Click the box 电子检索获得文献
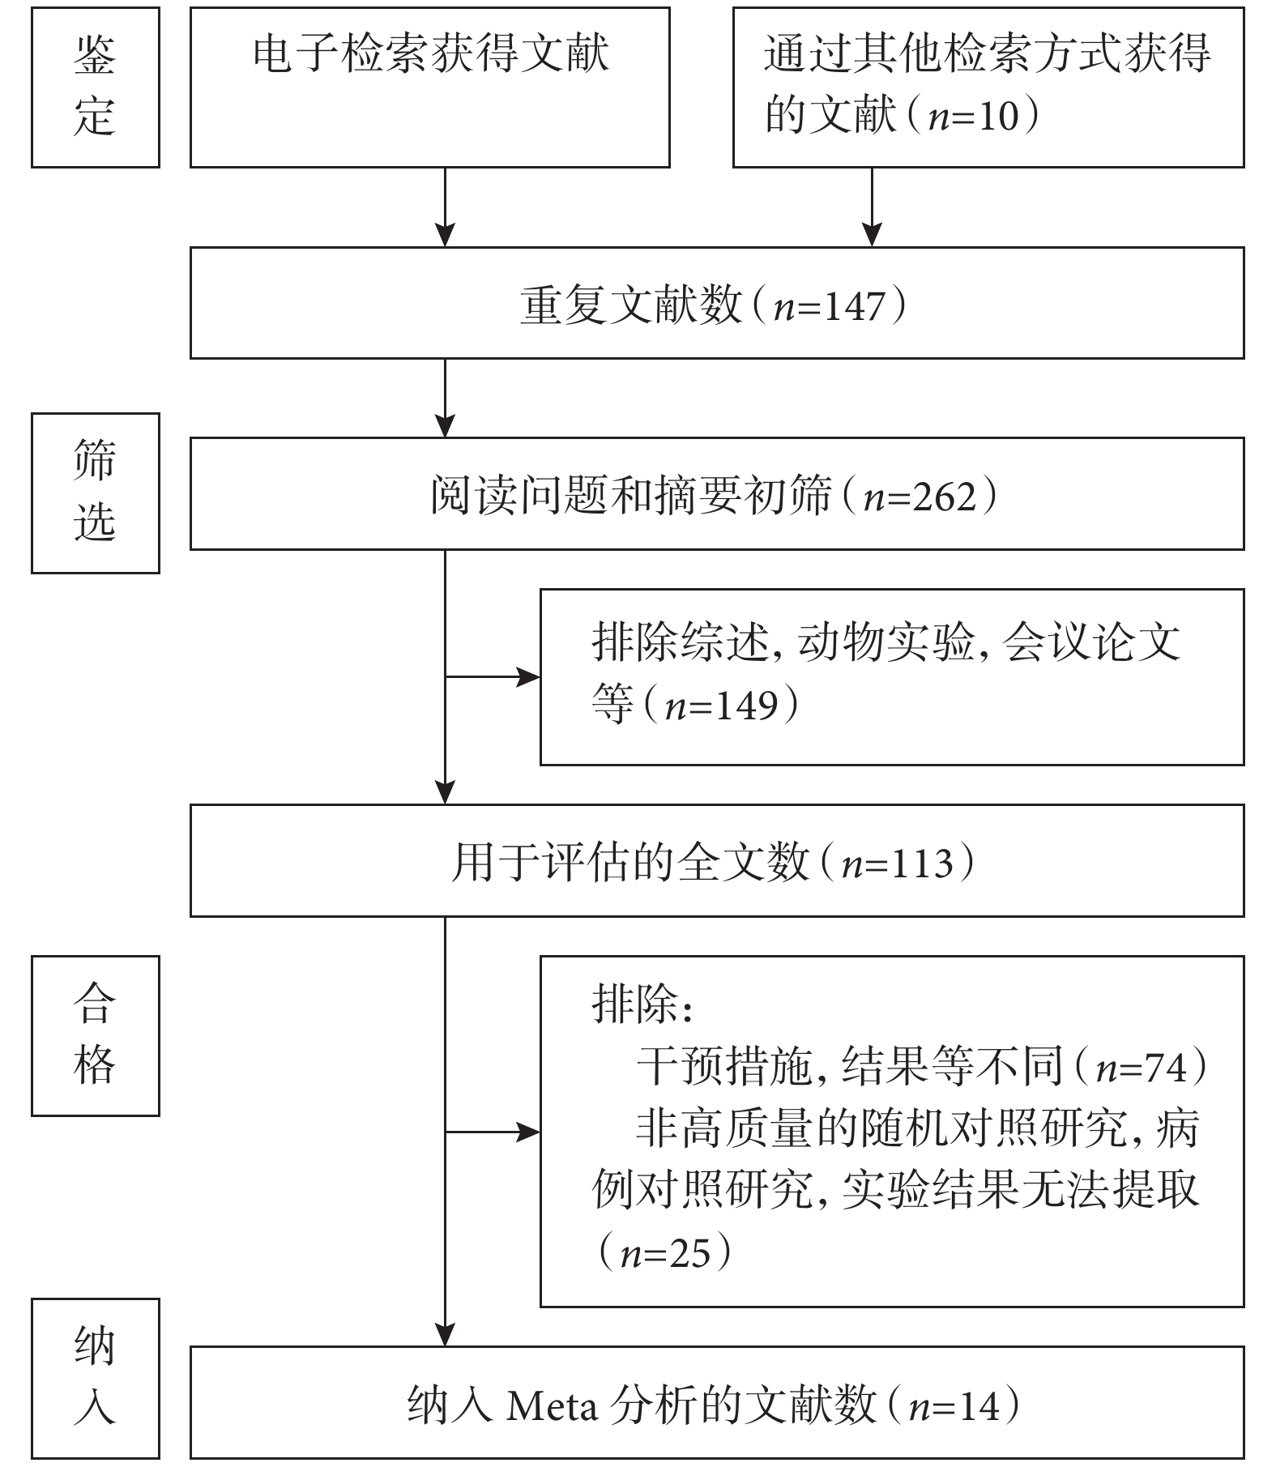pos(430,87)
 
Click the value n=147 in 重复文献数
pos(829,307)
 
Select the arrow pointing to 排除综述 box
pos(493,677)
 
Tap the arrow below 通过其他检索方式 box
pos(872,207)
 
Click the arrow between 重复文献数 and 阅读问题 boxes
pos(446,398)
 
